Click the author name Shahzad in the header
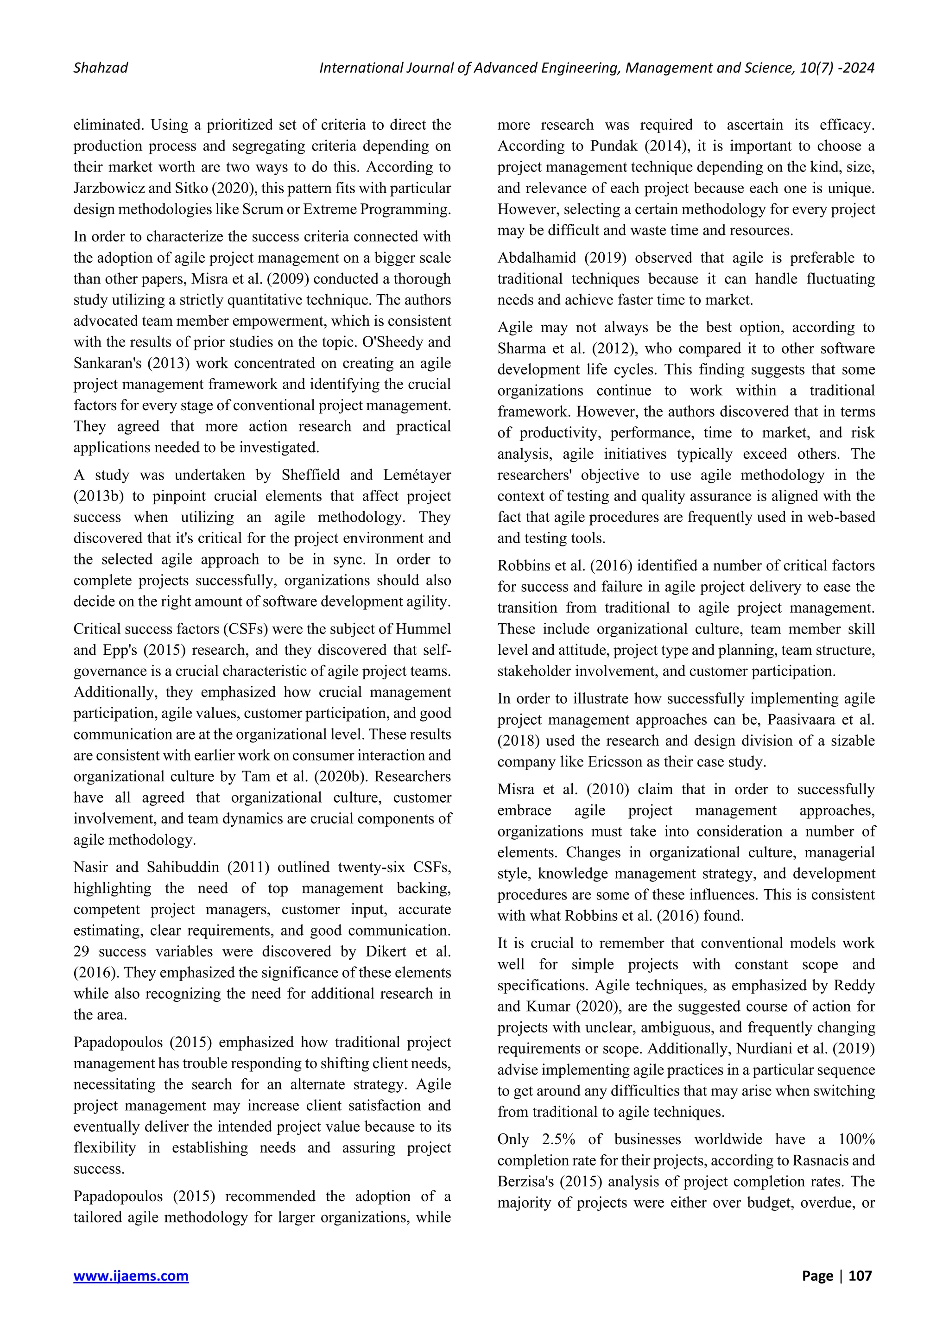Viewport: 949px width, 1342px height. [101, 68]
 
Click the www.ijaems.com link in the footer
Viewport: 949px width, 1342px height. [131, 1275]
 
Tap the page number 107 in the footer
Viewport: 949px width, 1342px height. [860, 1275]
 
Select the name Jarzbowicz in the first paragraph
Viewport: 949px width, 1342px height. [106, 188]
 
